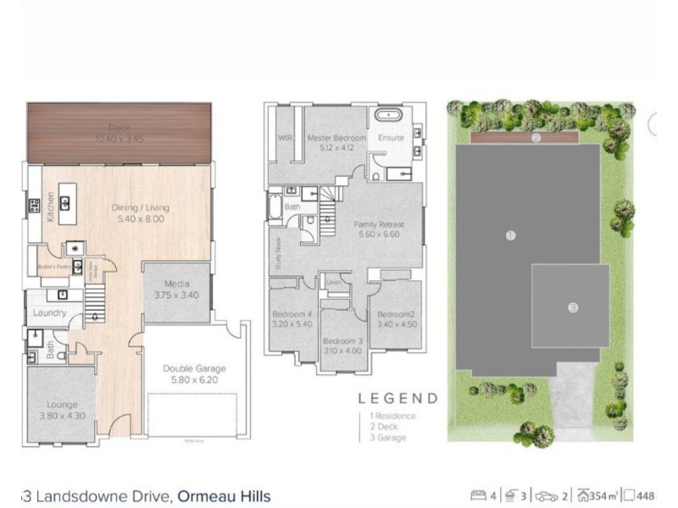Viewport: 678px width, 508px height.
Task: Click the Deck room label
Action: (x=119, y=127)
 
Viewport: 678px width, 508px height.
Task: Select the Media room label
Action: (x=176, y=284)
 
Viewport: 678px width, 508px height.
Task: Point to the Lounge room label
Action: (x=62, y=405)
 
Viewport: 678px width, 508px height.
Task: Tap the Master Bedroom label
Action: (x=336, y=137)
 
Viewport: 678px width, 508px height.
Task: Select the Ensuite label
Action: (x=391, y=137)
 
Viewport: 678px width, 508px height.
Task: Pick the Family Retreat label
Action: (x=379, y=224)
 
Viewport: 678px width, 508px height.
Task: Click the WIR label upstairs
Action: (x=285, y=137)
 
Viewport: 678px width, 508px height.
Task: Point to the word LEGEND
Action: (x=397, y=398)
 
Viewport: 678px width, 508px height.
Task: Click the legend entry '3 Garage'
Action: (x=387, y=438)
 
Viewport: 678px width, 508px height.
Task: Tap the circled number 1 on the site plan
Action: (x=510, y=235)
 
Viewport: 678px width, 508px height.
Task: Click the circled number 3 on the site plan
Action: (x=573, y=307)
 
